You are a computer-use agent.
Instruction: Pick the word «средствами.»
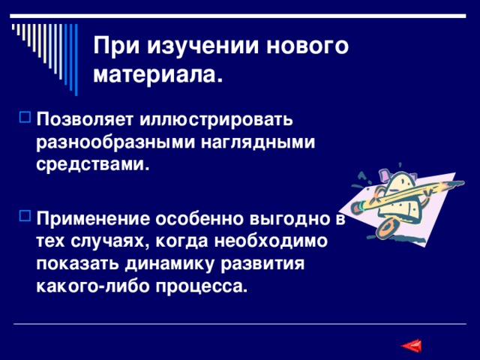pyautogui.click(x=92, y=165)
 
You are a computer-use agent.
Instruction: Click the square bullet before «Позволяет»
pyautogui.click(x=21, y=118)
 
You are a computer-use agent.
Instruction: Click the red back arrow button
pyautogui.click(x=411, y=346)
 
